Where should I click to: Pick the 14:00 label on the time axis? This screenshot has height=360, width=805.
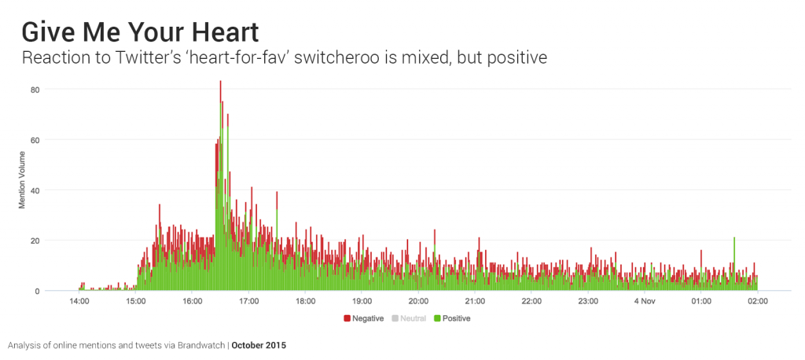[x=79, y=301]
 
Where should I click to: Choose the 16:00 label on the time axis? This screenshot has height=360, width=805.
[x=193, y=301]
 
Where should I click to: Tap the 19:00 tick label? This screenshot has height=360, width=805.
[x=362, y=301]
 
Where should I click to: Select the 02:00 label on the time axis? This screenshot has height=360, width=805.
[x=758, y=301]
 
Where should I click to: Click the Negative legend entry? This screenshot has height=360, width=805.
[x=363, y=318]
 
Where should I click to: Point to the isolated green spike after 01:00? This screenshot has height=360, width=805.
[x=734, y=239]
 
